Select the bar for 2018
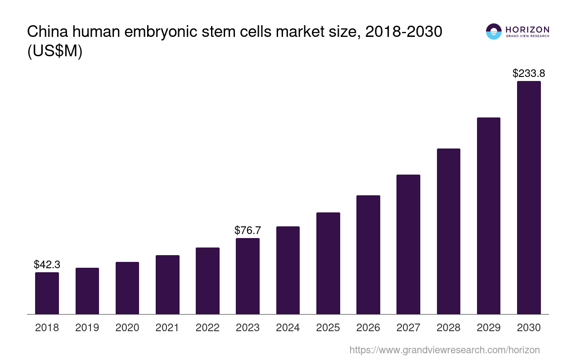(x=47, y=293)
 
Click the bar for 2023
(x=247, y=276)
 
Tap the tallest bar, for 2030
(x=529, y=198)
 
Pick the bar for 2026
(x=368, y=255)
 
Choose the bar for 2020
(x=127, y=288)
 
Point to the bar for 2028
(x=448, y=231)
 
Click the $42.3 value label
(x=47, y=265)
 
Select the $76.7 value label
(x=247, y=230)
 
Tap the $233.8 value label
(x=529, y=73)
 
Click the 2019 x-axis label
(x=87, y=328)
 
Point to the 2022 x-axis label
(x=207, y=328)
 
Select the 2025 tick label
(x=328, y=328)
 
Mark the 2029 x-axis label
(x=489, y=328)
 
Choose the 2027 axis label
(x=408, y=328)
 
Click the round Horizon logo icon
(x=494, y=31)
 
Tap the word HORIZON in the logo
(x=527, y=29)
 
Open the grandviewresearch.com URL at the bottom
(x=444, y=350)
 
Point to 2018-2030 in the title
(x=404, y=32)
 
